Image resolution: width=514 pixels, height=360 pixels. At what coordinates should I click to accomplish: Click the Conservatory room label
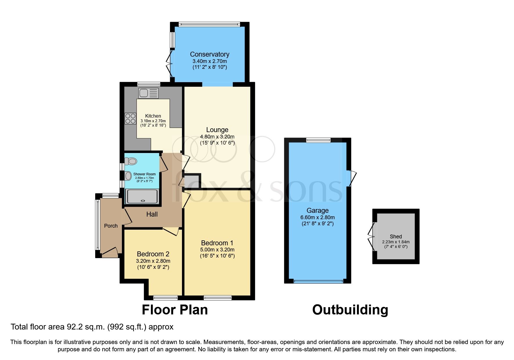[210, 54]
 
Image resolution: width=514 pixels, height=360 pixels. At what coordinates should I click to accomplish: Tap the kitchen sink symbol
[149, 93]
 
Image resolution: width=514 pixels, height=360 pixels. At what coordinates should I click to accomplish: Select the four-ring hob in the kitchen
[130, 118]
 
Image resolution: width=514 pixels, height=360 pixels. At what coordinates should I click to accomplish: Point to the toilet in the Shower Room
[131, 161]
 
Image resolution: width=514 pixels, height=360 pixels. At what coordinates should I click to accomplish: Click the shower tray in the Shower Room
[142, 196]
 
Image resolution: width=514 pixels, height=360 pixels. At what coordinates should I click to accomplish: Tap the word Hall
[152, 214]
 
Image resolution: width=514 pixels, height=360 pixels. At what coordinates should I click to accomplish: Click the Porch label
[111, 226]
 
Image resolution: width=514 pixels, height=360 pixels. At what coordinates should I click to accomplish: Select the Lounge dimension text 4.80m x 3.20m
[217, 136]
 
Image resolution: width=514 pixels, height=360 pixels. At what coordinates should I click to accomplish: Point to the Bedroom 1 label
[217, 243]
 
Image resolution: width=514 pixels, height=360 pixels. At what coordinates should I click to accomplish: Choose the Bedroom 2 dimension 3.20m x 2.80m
[153, 261]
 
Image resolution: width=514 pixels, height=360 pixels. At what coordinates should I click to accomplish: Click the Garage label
[318, 210]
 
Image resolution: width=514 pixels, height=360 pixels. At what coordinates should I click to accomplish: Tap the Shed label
[396, 237]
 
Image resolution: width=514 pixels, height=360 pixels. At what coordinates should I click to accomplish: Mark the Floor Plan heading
[175, 310]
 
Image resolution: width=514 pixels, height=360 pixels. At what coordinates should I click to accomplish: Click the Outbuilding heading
[350, 310]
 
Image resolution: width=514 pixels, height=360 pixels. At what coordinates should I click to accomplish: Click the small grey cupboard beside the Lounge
[191, 181]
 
